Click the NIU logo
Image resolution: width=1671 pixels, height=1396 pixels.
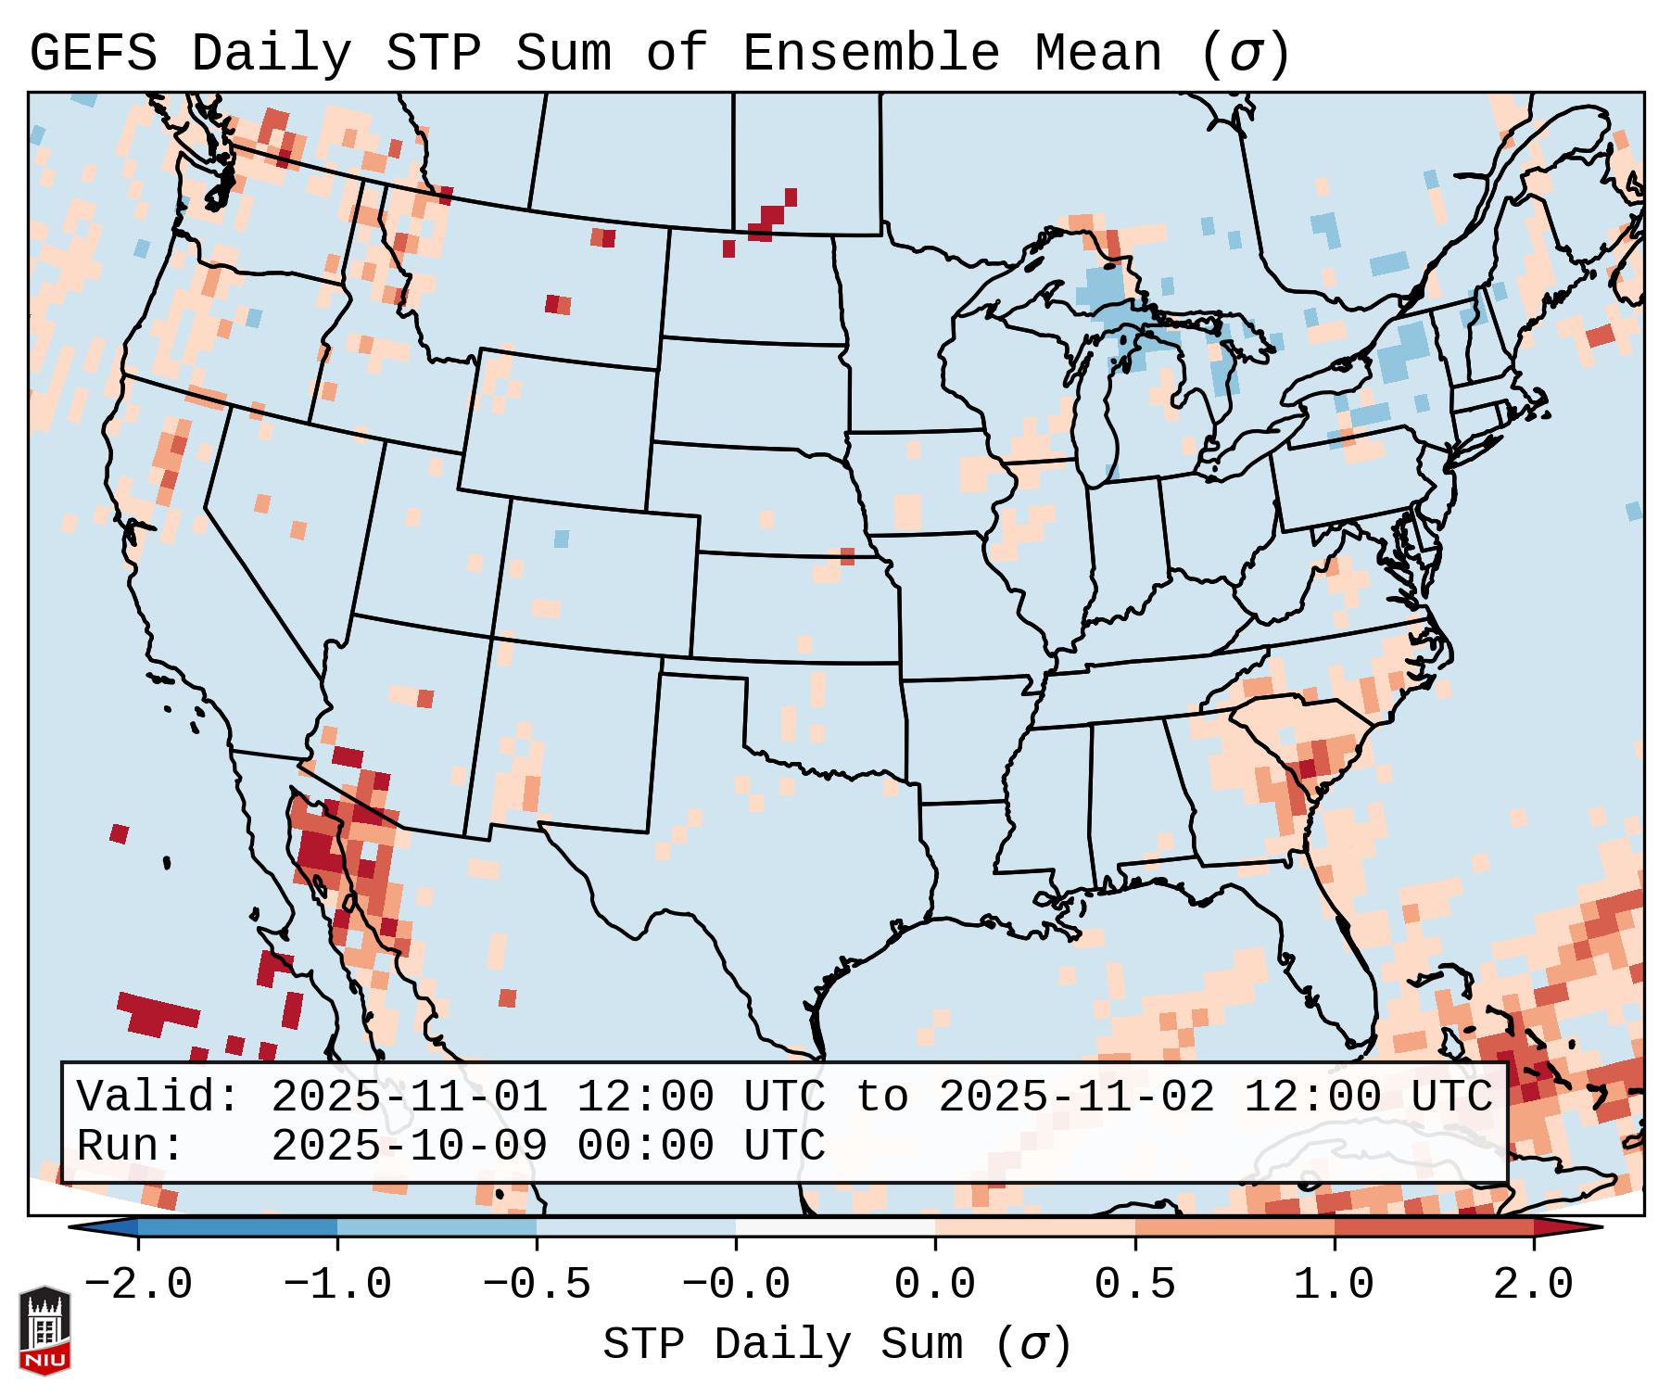pos(44,1330)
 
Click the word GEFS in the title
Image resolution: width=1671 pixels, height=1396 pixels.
pos(93,54)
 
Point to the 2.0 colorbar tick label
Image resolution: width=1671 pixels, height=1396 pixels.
pos(1533,1285)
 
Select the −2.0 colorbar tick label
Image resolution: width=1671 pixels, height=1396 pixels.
pos(138,1285)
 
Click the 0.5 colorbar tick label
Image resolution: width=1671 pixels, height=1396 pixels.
pos(1134,1285)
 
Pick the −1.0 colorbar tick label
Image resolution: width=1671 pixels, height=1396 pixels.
pos(337,1285)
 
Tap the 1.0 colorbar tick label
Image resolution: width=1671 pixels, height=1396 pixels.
pos(1334,1285)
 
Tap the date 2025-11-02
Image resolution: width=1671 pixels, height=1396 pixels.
pos(1076,1097)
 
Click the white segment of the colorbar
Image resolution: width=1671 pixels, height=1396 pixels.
pos(835,1227)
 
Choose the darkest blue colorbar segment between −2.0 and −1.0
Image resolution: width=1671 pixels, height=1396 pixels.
pos(237,1227)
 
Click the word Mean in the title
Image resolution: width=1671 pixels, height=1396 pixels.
pos(1098,54)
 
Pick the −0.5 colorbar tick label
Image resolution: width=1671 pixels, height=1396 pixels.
pos(537,1285)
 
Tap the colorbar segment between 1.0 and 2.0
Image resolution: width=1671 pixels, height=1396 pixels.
pos(1434,1227)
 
